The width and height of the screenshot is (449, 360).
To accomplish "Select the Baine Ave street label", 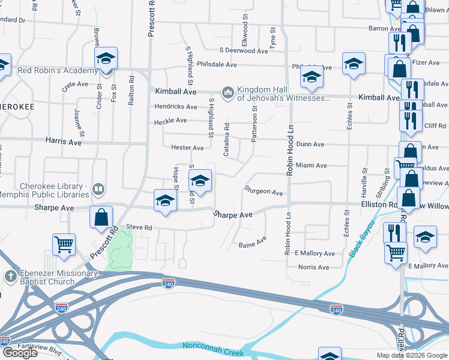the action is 252,244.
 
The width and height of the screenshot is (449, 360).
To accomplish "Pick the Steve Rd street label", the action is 139,227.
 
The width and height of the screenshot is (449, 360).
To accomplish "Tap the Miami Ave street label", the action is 311,165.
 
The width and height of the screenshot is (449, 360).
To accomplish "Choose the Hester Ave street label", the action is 187,148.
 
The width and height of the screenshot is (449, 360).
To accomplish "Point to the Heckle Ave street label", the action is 170,121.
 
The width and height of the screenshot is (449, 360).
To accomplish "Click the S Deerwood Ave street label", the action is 243,51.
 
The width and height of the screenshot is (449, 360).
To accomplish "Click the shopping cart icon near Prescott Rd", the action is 64,244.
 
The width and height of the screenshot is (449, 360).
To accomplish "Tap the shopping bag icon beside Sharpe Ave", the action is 101,217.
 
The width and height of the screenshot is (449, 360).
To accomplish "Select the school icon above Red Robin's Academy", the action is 106,58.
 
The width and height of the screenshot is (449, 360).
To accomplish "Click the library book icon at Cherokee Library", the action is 98,191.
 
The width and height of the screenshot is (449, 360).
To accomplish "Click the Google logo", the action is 20,353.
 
